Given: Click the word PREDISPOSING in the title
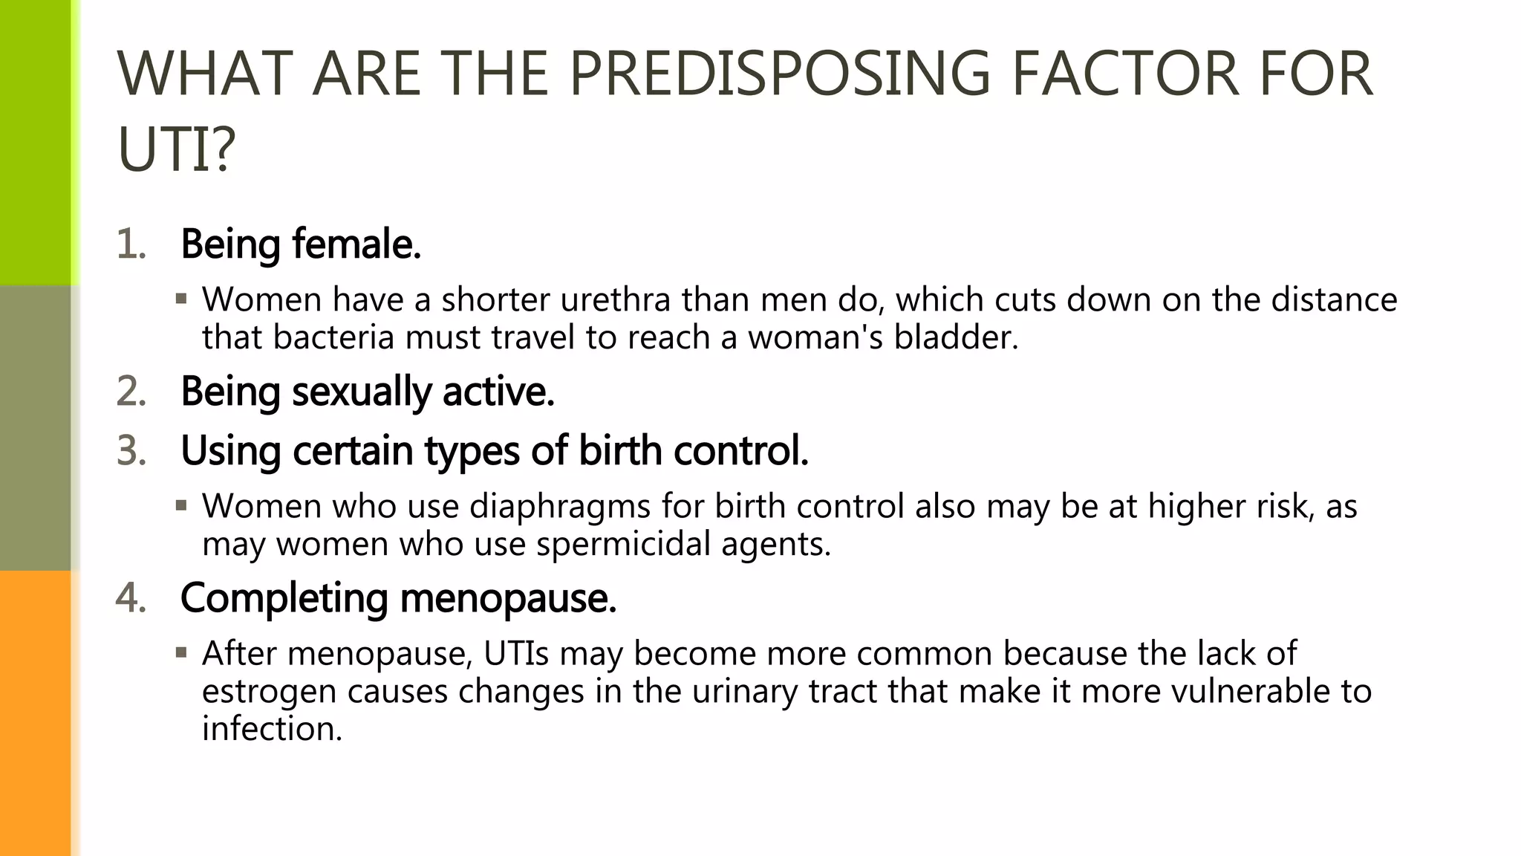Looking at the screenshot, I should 779,74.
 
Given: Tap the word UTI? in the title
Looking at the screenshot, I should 176,149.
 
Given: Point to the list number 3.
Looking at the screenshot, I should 131,450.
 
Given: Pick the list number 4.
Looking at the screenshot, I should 131,597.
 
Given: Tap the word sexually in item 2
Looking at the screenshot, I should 361,392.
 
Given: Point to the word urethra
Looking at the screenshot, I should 616,299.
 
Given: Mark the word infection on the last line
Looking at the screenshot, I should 272,728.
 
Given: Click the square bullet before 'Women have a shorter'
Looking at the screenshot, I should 181,299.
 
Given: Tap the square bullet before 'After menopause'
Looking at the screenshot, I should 181,653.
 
